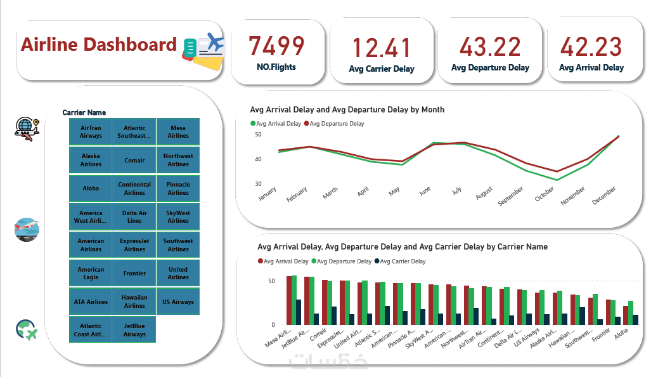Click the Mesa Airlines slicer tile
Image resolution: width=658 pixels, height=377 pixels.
(178, 131)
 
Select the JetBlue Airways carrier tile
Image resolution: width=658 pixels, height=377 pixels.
(134, 330)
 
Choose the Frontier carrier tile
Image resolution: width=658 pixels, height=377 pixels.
(134, 274)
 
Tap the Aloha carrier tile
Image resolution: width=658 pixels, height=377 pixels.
(91, 189)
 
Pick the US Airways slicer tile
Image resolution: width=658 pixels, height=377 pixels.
(178, 302)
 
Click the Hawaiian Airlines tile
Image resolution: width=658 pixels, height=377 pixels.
(134, 301)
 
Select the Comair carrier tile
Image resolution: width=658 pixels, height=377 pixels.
(134, 161)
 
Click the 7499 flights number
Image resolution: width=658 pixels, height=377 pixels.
(276, 46)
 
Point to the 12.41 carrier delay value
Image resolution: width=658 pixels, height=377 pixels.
(382, 49)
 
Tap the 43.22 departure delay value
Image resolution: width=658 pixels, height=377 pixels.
(490, 47)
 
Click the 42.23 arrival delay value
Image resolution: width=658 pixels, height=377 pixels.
(591, 47)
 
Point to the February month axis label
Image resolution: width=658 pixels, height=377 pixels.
(297, 194)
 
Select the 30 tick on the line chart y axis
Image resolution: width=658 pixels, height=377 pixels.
(258, 184)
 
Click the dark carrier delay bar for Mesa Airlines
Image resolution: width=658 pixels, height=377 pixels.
(299, 312)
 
